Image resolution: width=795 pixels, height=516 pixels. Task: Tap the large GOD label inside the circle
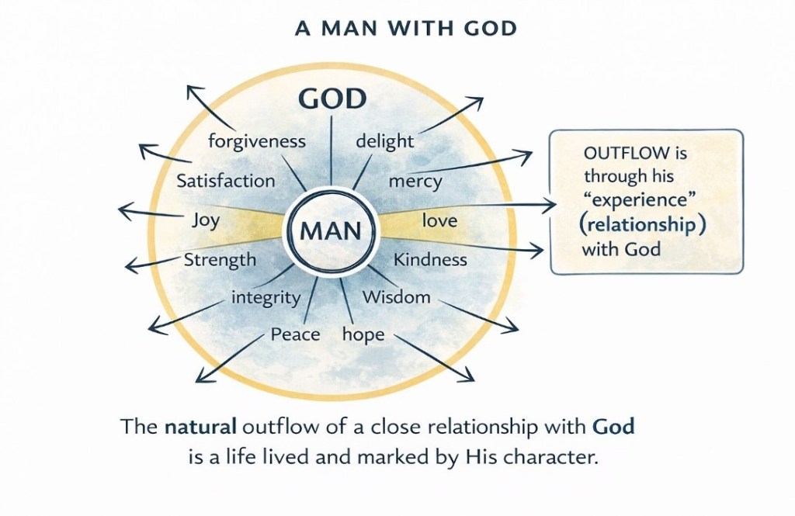click(x=332, y=100)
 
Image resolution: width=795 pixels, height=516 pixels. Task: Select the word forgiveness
click(x=258, y=142)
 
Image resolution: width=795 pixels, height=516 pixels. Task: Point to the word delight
click(x=384, y=142)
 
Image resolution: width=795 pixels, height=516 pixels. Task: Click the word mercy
click(x=415, y=182)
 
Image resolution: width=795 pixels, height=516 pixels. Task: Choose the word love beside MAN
click(x=439, y=221)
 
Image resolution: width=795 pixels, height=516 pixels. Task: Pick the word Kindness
click(x=430, y=259)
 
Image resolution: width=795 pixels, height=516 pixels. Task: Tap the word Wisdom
click(x=396, y=296)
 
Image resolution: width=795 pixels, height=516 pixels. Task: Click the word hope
click(x=363, y=334)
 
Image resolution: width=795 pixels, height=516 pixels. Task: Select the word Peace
click(x=295, y=334)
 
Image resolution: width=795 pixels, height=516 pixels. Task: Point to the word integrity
click(x=266, y=296)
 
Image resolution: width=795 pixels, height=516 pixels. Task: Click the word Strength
click(x=220, y=259)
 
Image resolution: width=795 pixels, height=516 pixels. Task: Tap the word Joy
click(x=205, y=220)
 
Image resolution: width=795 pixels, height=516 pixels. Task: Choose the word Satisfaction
click(x=226, y=181)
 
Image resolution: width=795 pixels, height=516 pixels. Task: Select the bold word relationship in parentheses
click(x=637, y=226)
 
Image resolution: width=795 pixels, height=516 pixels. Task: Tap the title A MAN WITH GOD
click(x=407, y=28)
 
